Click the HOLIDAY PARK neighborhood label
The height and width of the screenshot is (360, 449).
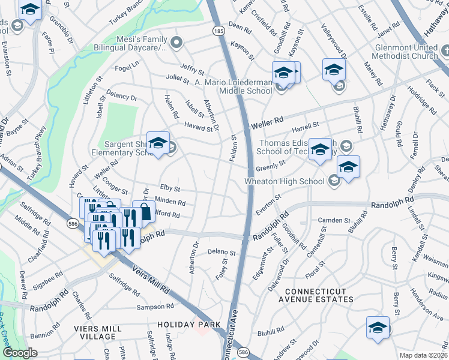click(x=185, y=325)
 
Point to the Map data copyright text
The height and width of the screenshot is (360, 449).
click(x=424, y=355)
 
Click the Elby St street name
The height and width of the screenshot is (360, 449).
click(x=170, y=189)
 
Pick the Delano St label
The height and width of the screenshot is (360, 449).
click(x=221, y=253)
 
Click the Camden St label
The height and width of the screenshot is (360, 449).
click(x=334, y=220)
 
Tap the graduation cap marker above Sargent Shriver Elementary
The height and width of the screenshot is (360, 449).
click(x=158, y=143)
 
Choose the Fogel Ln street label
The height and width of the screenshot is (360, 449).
click(x=127, y=67)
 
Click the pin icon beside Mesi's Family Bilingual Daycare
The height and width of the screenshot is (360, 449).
click(x=176, y=43)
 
